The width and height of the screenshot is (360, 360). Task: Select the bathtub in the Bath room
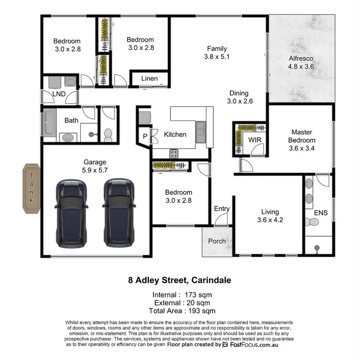pos(49,122)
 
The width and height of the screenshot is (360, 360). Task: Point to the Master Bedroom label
pos(301,136)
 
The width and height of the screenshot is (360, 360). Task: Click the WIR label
pos(254,139)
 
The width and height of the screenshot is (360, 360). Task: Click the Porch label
pos(217,241)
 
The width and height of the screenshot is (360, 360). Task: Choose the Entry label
pos(222,208)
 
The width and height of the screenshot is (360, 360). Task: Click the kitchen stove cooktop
pos(173,154)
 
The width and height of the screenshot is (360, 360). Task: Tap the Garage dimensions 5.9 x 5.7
pos(94,170)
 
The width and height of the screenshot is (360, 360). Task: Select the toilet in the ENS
pos(312,222)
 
